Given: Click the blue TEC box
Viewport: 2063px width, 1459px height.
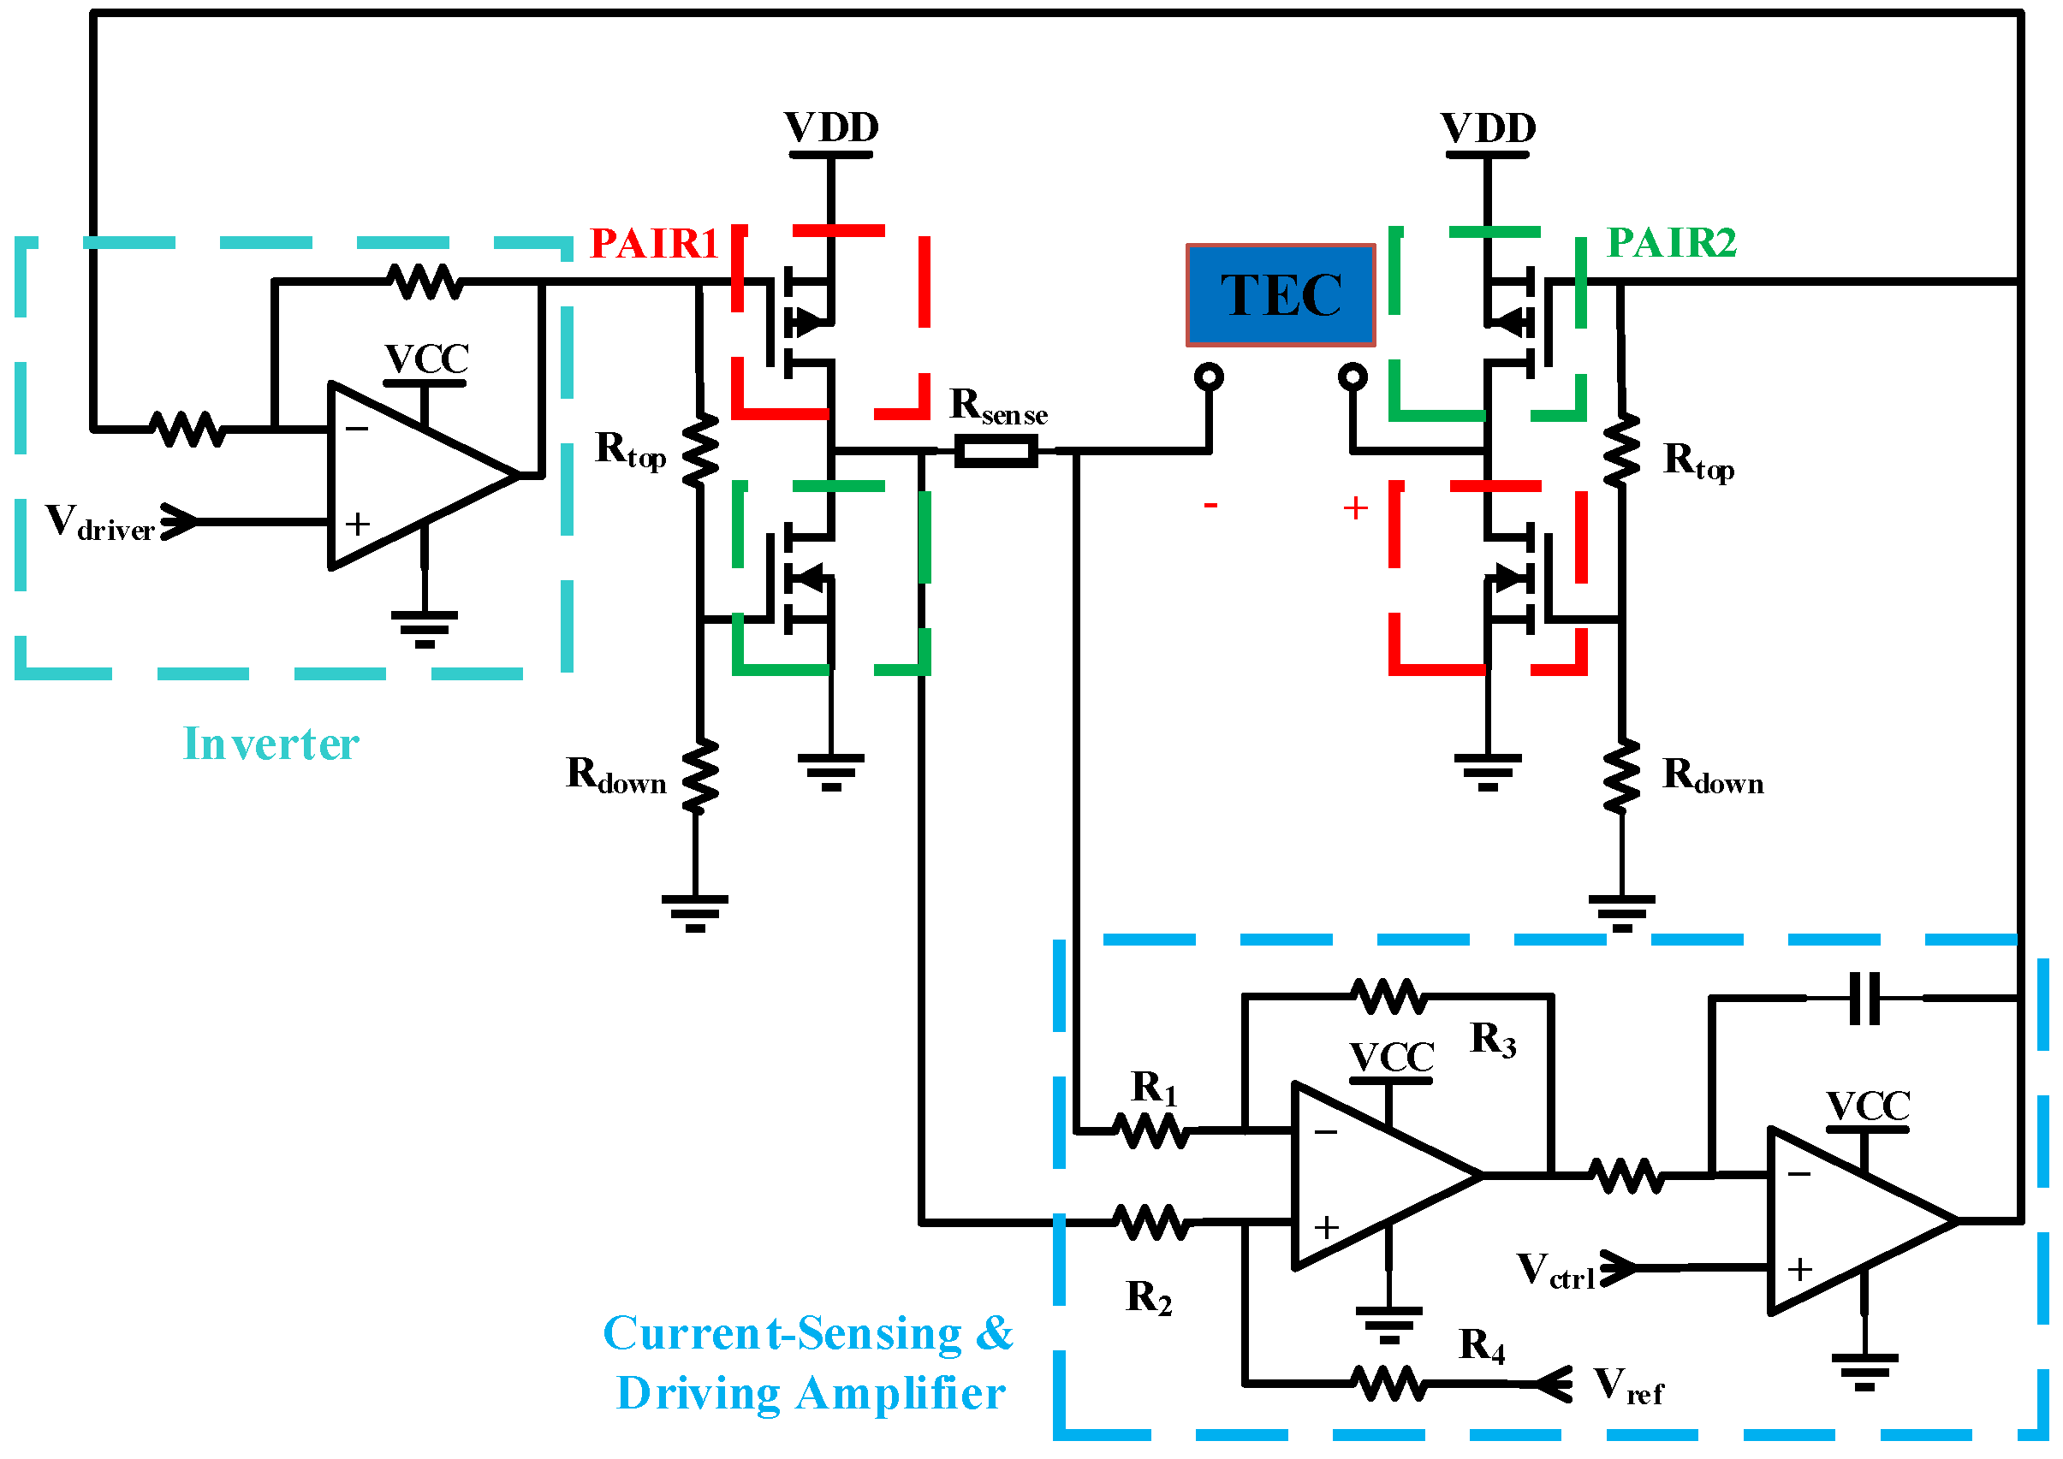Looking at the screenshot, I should coord(1280,294).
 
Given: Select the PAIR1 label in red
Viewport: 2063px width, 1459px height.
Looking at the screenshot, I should coord(653,244).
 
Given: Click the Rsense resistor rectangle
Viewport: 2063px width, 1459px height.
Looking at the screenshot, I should coord(996,451).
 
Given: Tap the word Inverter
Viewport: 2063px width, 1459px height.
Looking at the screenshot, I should coord(271,744).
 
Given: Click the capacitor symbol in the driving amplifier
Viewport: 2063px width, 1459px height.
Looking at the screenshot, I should coord(1864,998).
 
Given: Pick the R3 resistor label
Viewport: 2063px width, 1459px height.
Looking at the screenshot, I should coord(1492,1040).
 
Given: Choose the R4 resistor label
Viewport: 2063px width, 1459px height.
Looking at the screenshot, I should coord(1481,1346).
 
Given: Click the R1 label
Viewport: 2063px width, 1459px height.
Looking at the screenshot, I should coord(1153,1088).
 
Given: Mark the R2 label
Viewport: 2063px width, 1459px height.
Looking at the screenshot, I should coord(1148,1298).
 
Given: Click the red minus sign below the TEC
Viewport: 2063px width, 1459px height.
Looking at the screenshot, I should coord(1210,506).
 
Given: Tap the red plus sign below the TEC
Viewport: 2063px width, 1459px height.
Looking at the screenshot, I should coord(1355,508).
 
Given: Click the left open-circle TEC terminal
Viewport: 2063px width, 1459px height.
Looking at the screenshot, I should coord(1210,377).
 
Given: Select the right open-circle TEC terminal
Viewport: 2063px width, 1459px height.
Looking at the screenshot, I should coord(1353,377).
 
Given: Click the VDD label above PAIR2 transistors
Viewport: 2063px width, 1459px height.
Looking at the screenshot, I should coord(1488,128).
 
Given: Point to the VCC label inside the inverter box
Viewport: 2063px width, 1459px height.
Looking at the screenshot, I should coord(427,359).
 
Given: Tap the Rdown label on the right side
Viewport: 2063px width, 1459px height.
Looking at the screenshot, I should coord(1713,776).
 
